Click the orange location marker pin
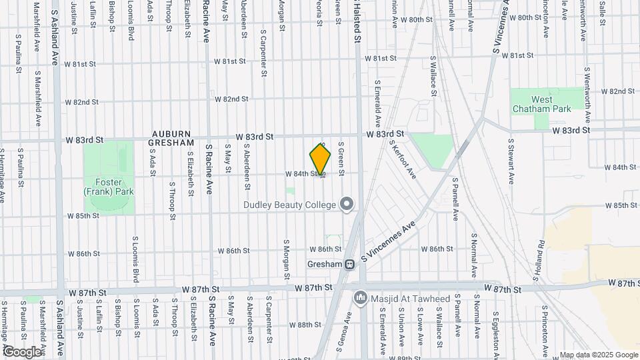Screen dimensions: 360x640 (x=321, y=159)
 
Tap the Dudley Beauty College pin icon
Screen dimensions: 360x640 (x=346, y=205)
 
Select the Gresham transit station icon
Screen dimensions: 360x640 (x=349, y=265)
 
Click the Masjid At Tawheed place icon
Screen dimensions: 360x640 (x=360, y=295)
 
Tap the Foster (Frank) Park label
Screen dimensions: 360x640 (x=109, y=187)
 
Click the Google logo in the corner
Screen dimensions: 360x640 (x=22, y=351)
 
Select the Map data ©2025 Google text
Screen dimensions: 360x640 (x=598, y=355)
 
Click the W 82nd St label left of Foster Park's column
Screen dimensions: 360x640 (x=82, y=103)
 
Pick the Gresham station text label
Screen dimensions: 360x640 (x=325, y=264)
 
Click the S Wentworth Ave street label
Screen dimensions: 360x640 (x=587, y=95)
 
